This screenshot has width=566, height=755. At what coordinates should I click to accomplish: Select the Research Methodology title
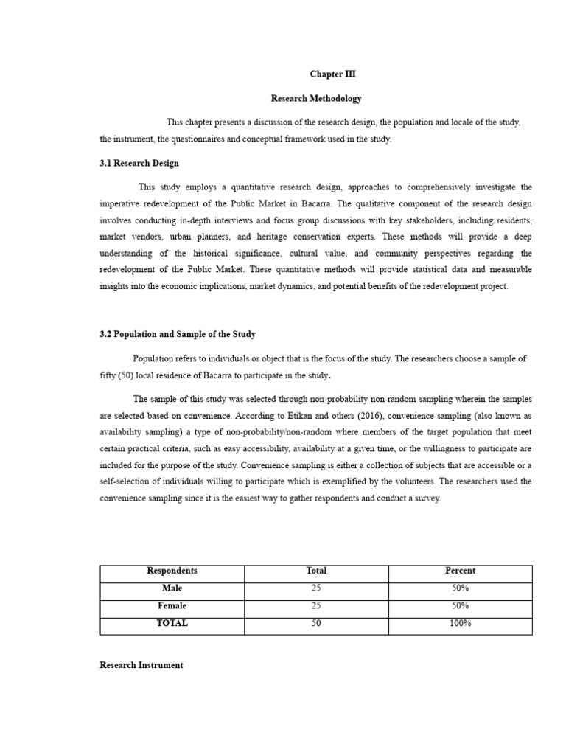tap(316, 98)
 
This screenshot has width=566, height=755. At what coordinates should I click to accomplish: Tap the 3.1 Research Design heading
tap(139, 163)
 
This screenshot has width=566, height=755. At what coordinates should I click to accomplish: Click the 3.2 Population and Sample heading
tap(178, 334)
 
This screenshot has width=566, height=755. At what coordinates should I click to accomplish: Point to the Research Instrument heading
tap(141, 664)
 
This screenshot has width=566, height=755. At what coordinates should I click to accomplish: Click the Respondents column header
tap(172, 571)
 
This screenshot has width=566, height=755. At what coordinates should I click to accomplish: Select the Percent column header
tap(461, 571)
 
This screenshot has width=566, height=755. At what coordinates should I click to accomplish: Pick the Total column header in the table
tap(316, 571)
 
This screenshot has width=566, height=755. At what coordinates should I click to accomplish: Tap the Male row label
tap(172, 588)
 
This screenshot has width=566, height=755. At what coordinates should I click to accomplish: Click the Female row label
tap(172, 605)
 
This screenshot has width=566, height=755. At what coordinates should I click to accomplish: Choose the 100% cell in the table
tap(461, 623)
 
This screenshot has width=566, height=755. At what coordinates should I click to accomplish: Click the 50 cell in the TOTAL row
tap(316, 623)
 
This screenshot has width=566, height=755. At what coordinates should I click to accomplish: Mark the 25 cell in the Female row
tap(316, 605)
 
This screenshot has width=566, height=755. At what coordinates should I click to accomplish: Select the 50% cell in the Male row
tap(461, 588)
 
